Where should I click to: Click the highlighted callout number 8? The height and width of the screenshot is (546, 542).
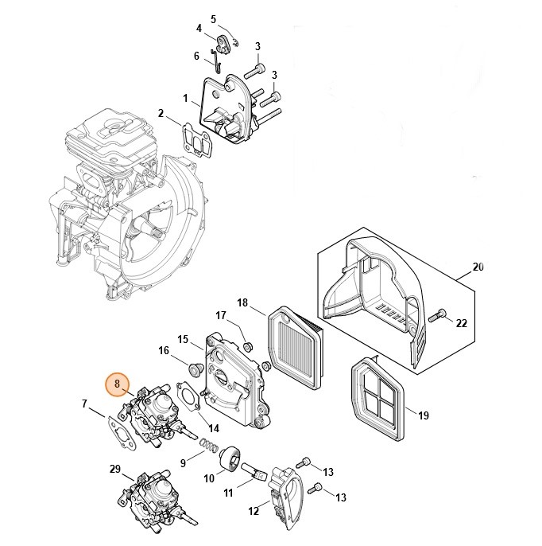click(x=117, y=385)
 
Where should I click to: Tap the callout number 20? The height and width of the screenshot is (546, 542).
click(x=478, y=267)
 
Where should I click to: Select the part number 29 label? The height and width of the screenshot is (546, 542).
click(x=114, y=469)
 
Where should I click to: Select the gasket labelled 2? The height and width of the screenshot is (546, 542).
click(x=196, y=135)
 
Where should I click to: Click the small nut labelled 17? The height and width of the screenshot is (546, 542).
click(x=247, y=347)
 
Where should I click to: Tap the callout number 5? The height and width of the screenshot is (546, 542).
click(x=213, y=18)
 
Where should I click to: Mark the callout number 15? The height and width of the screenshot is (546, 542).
click(x=182, y=340)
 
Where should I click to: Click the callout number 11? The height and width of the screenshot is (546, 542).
click(x=227, y=493)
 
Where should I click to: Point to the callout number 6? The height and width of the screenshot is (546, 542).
click(x=196, y=56)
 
